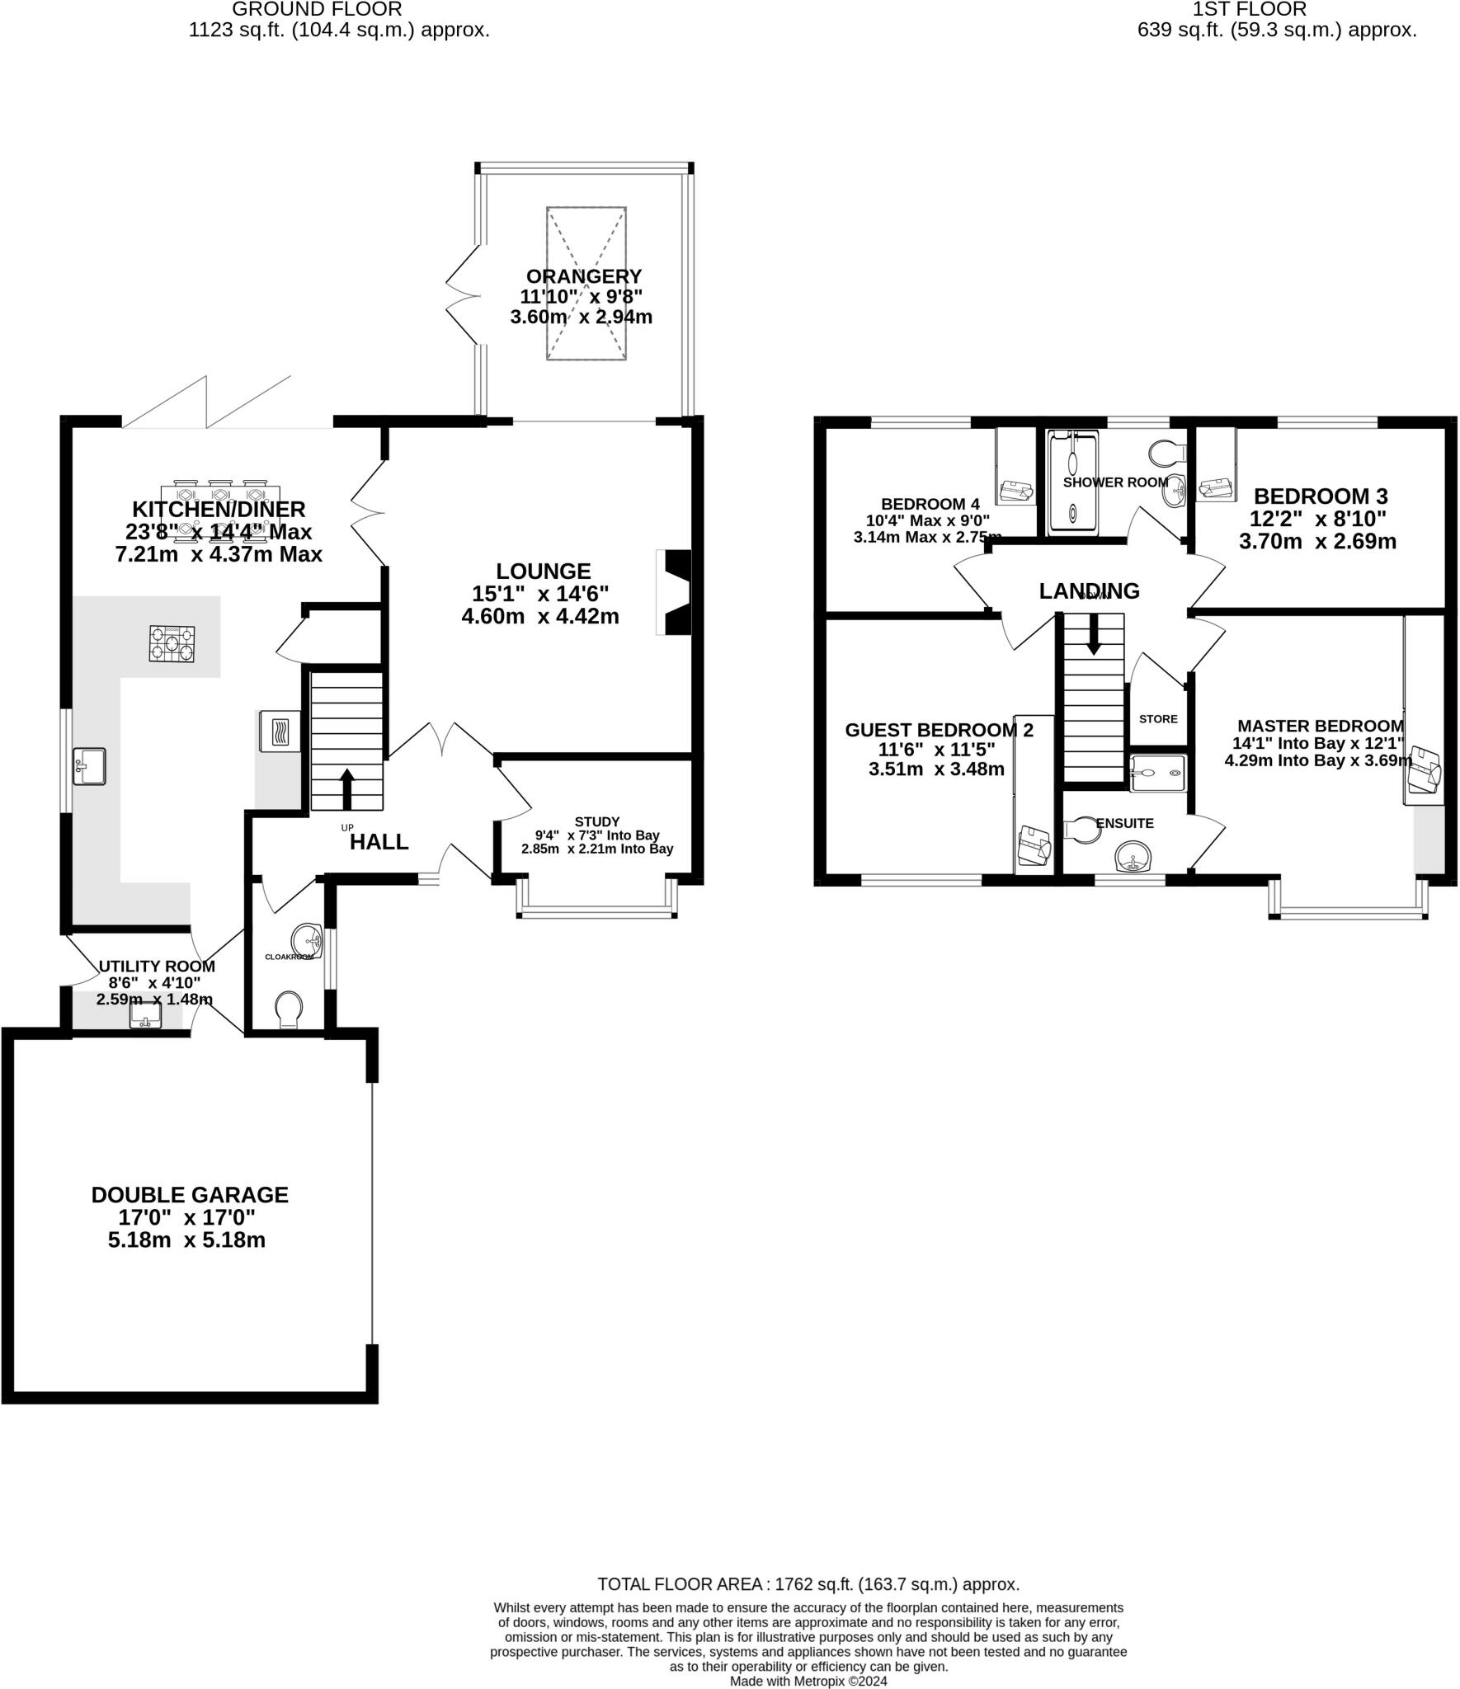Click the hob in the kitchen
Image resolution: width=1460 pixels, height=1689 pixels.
(172, 644)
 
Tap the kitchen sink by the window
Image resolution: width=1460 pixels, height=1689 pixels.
(89, 765)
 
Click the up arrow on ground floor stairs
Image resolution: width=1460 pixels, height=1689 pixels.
(347, 788)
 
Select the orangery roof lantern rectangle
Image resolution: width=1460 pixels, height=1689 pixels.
(586, 283)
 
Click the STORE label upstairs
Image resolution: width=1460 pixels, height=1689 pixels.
(1158, 718)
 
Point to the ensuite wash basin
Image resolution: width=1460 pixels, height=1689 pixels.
(1133, 857)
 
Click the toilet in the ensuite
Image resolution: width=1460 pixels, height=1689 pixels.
(1082, 830)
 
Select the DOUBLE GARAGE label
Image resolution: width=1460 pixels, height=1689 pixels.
(190, 1195)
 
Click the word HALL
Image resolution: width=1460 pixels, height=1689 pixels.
(379, 842)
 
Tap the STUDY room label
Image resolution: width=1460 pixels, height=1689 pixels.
(597, 821)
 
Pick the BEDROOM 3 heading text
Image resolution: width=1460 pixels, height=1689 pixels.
(1321, 496)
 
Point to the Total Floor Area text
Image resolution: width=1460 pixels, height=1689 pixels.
(808, 1584)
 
